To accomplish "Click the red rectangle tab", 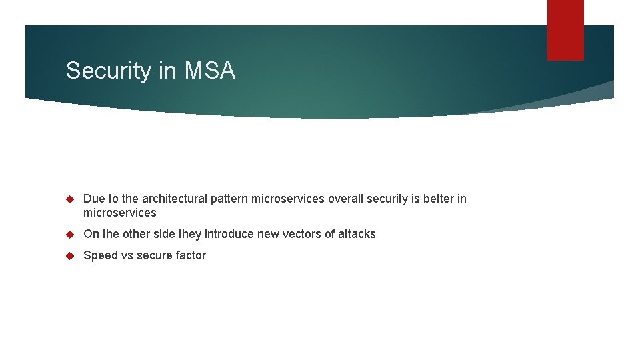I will click(565, 30).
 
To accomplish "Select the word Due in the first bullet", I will click(93, 199).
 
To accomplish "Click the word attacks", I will click(357, 234).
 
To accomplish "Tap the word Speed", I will click(100, 255).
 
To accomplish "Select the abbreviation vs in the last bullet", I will click(127, 255).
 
